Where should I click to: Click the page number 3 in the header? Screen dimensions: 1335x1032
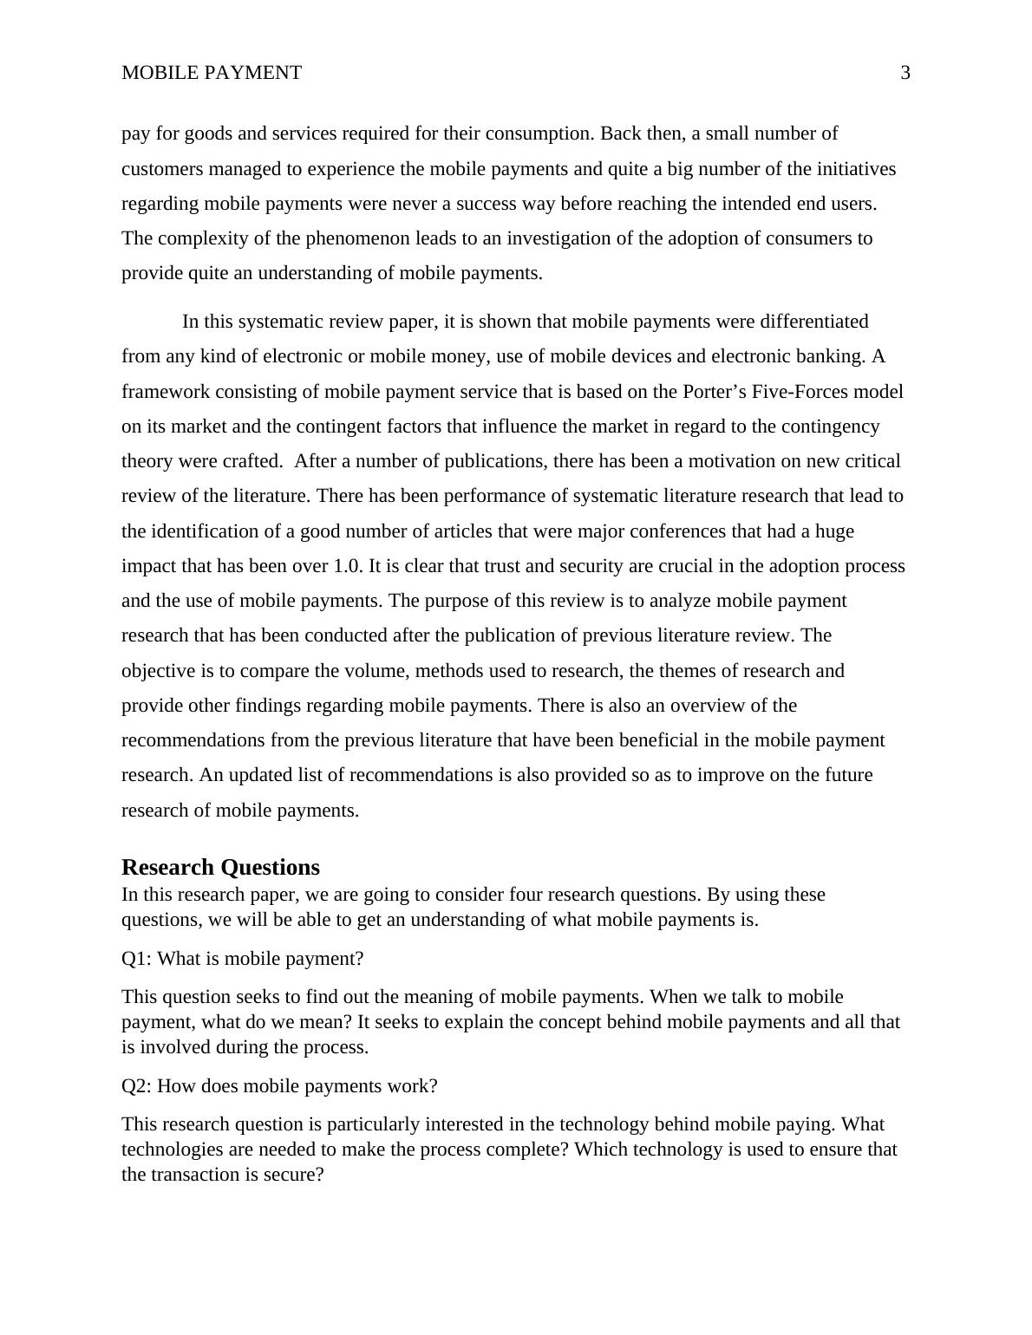click(x=905, y=73)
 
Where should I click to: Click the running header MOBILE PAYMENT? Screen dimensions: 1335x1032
click(x=212, y=73)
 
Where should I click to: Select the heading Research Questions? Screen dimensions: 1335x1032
click(x=220, y=867)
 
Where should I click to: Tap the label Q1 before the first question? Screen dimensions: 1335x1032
click(x=135, y=959)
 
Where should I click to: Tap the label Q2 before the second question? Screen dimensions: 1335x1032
click(x=135, y=1086)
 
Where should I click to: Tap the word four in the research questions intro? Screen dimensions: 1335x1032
click(x=528, y=895)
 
